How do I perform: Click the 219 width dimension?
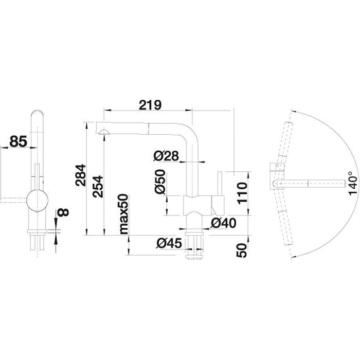150,105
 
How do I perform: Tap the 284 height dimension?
81,175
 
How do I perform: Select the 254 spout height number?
98,186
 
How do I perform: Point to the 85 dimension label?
18,141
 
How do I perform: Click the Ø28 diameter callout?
166,156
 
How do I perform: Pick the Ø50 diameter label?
160,182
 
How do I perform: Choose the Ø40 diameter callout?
224,223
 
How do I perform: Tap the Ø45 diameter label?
169,243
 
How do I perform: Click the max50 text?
123,214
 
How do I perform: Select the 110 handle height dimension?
243,193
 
